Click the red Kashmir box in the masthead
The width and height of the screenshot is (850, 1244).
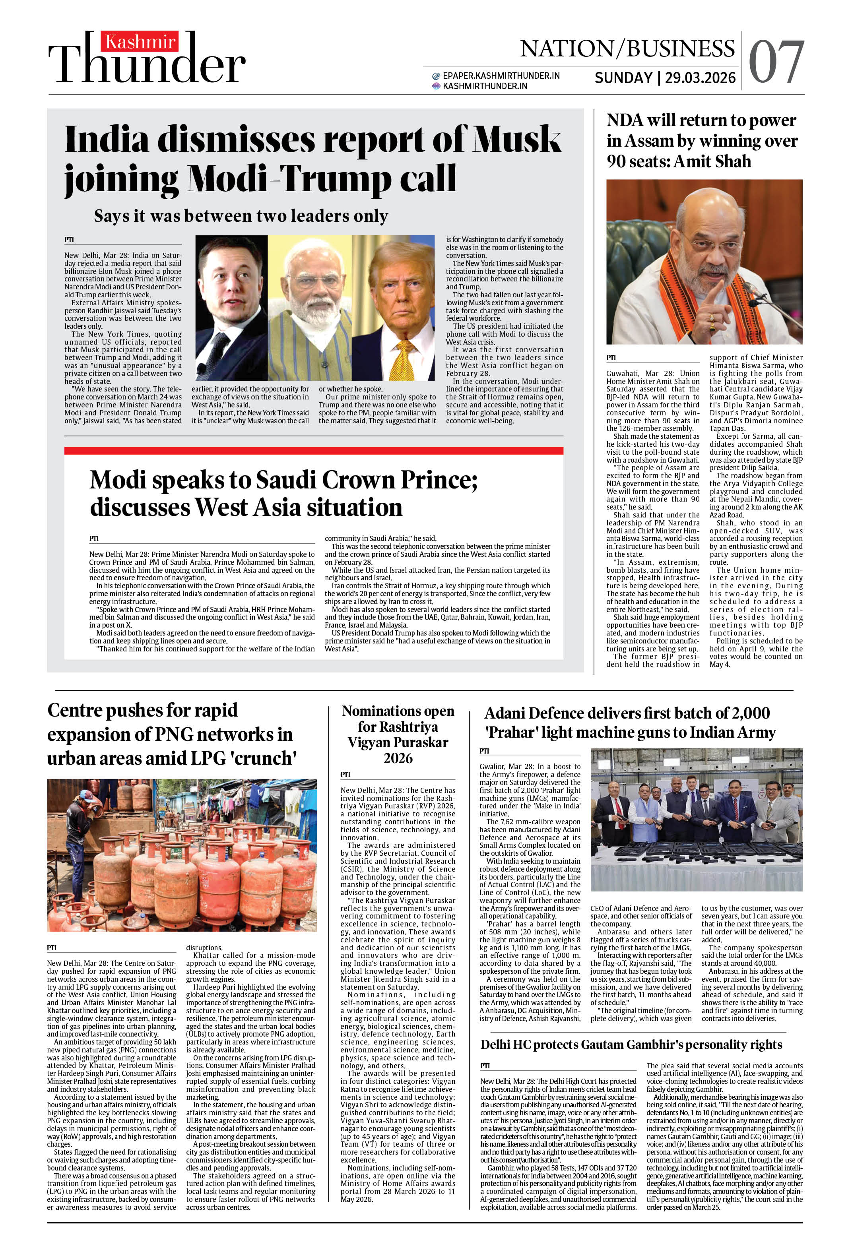point(141,42)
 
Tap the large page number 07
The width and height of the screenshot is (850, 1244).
point(776,62)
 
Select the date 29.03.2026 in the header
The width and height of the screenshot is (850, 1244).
point(700,78)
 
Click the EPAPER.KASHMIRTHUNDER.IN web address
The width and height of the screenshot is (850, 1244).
point(501,76)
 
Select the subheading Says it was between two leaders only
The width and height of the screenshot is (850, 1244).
point(241,216)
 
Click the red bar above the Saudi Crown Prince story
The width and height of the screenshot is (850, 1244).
point(313,451)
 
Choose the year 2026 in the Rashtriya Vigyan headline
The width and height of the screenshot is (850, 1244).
point(398,758)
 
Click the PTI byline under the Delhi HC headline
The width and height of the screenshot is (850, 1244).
point(485,1066)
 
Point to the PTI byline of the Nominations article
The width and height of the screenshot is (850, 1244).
point(345,775)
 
